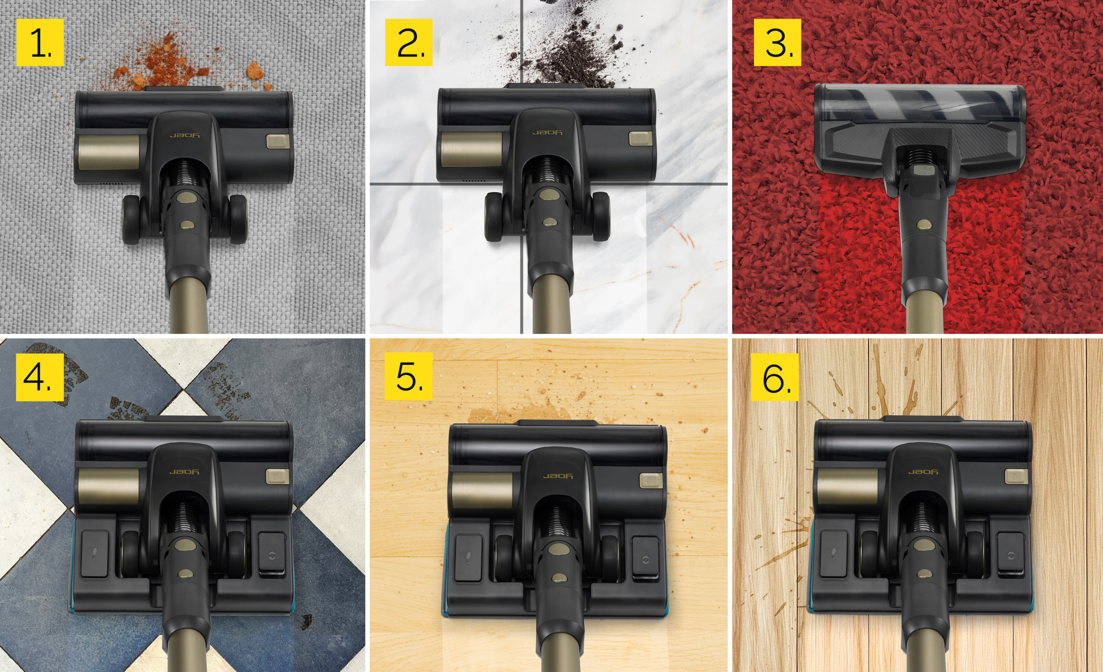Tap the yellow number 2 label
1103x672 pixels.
(409, 43)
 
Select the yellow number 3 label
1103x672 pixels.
(778, 43)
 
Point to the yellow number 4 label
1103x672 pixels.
(40, 377)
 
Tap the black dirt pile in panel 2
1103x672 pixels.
(573, 49)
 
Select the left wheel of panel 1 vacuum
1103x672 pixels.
(131, 220)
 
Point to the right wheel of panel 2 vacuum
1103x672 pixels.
(600, 217)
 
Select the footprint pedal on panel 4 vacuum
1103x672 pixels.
(95, 554)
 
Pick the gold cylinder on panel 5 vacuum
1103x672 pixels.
(483, 490)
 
